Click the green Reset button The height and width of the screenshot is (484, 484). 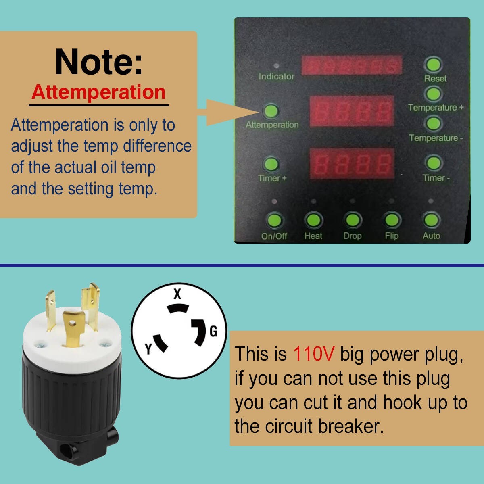tap(434, 65)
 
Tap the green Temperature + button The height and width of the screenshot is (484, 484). tap(434, 94)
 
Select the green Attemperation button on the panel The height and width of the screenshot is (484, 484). tap(271, 111)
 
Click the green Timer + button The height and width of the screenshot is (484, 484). tap(271, 164)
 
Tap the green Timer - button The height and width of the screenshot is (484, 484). tap(434, 163)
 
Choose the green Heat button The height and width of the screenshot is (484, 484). tap(313, 220)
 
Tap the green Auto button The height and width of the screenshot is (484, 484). tap(431, 220)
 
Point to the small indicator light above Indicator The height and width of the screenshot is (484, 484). tap(276, 66)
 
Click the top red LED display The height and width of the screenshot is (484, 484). tap(352, 65)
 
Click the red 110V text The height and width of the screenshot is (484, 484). tap(314, 354)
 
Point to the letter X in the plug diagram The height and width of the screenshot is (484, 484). tap(177, 294)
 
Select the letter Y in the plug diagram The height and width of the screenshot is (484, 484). tap(148, 348)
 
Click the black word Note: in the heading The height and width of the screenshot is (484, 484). tap(99, 62)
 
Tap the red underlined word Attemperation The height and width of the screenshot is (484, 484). tap(98, 92)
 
